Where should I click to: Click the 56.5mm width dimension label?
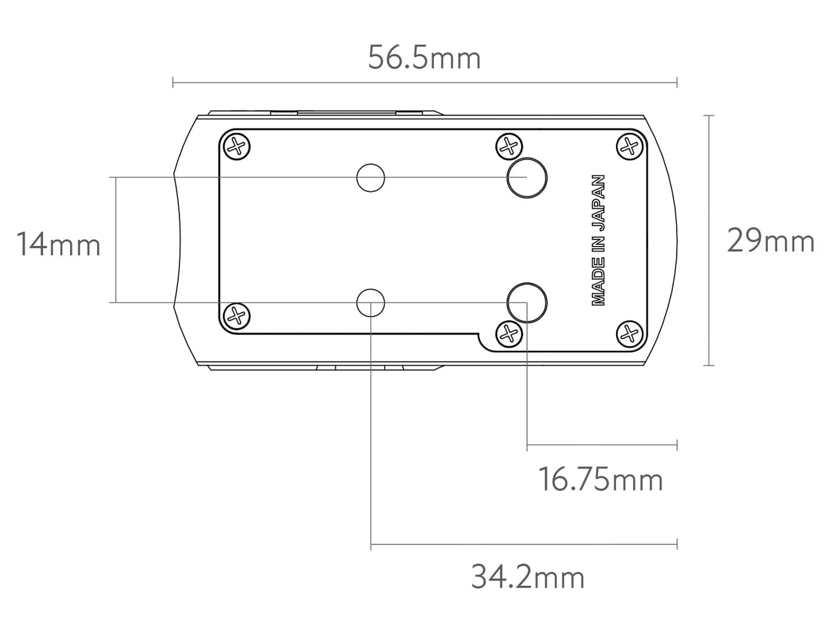pos(424,58)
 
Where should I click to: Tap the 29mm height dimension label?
pos(771,241)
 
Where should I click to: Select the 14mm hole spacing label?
pos(58,244)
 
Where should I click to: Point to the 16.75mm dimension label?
pos(601,480)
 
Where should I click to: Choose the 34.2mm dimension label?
pos(528,577)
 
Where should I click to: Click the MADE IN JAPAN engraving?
pos(598,240)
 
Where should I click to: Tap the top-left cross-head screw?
pos(237,147)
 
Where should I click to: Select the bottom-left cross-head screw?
pos(237,316)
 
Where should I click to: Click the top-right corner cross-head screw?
pos(630,147)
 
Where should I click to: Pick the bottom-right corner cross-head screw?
pos(630,334)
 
